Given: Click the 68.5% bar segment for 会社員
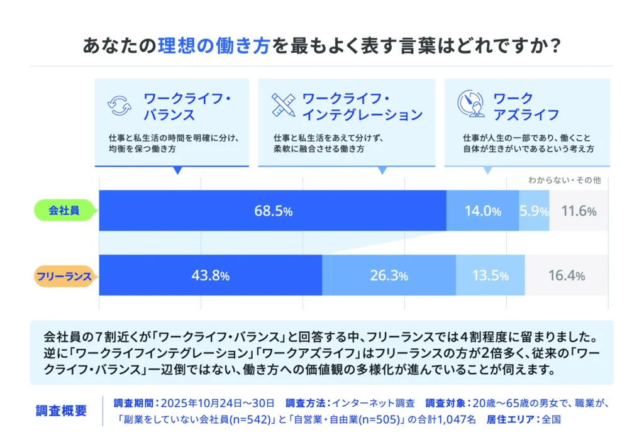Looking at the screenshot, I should click(272, 211).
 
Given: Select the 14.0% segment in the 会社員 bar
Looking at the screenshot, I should click(482, 211).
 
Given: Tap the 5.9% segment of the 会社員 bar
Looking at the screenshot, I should click(534, 211).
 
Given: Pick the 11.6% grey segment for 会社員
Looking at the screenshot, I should click(579, 211).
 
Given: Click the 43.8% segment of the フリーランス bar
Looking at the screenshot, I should click(210, 275).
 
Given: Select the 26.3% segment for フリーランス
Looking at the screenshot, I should click(389, 275).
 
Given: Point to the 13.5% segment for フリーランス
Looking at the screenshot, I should click(490, 275).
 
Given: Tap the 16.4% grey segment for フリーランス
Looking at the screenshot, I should click(566, 275).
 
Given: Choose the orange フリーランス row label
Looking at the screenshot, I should click(63, 275).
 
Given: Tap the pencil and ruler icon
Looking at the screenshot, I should click(284, 106).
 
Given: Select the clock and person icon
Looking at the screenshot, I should click(471, 104).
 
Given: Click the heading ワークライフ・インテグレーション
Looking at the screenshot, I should click(362, 107).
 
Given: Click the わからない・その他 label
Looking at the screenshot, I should click(563, 180).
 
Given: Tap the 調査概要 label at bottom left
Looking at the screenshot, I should click(61, 411).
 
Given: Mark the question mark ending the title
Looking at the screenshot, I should click(553, 47).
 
